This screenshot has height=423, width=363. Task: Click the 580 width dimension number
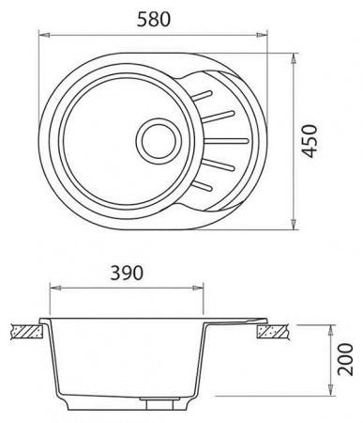point(154,19)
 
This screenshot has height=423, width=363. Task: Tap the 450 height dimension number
point(310,141)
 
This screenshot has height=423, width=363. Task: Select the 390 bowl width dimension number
point(127,273)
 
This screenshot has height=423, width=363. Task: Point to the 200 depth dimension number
point(345,359)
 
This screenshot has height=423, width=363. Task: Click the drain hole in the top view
point(159,140)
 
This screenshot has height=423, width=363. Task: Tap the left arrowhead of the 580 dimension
point(44,35)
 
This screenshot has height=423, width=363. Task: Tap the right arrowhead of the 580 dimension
point(262,35)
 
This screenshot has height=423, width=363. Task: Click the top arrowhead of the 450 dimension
point(294,59)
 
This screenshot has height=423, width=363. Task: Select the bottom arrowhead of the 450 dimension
point(294,224)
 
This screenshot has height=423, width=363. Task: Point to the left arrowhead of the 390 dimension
point(55,288)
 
